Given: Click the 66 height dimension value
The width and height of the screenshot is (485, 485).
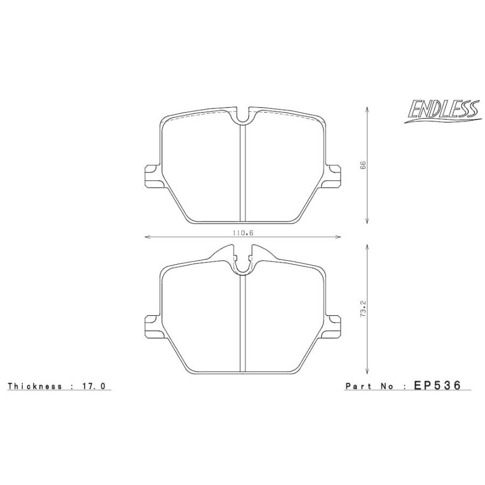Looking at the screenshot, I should tap(363, 165).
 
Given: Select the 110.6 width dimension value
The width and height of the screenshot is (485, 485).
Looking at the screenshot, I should tap(244, 232).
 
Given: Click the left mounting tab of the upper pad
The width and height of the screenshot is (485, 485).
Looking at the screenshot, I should tap(153, 176).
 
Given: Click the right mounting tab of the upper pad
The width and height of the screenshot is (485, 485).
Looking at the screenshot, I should tap(334, 176).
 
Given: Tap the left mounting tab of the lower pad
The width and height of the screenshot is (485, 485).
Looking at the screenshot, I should tap(153, 324).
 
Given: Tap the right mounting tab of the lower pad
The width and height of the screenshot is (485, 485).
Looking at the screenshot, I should tap(334, 324).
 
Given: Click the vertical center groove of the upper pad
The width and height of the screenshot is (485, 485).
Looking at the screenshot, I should tap(244, 172).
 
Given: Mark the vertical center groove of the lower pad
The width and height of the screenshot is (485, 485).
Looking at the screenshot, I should tap(244, 323).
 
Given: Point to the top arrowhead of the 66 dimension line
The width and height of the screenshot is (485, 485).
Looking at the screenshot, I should tap(367, 108).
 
